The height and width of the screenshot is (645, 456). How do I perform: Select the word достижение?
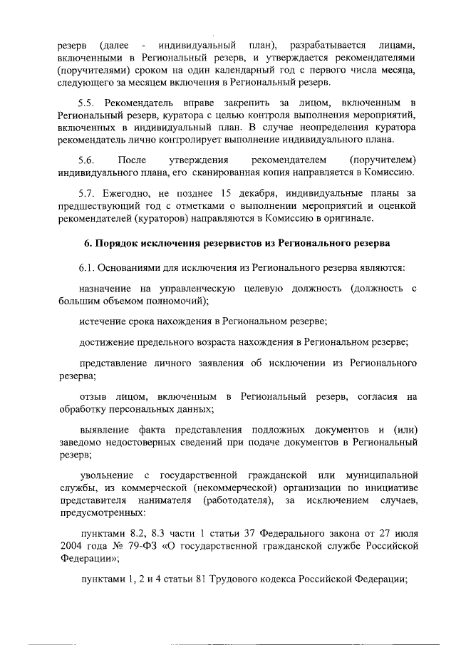point(108,341)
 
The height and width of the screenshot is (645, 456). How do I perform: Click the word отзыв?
point(93,396)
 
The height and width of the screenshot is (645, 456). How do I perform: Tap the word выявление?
point(105,430)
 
